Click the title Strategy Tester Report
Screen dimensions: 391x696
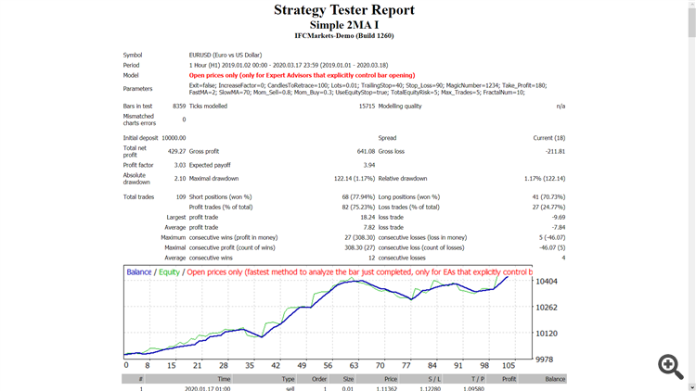click(344, 10)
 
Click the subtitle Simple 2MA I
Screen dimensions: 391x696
click(344, 24)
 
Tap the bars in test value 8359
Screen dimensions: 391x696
click(179, 107)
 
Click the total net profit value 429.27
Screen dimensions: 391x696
click(176, 151)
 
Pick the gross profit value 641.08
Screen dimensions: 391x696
click(364, 151)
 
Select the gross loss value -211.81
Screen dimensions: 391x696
click(555, 151)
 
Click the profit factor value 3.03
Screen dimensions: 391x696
click(180, 165)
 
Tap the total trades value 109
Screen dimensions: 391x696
click(180, 196)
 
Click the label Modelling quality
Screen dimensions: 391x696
click(400, 107)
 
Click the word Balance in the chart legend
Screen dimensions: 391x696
click(139, 272)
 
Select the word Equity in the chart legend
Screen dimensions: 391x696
click(169, 272)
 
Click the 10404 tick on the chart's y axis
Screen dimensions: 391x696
click(548, 282)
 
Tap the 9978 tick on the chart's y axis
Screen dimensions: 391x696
click(546, 359)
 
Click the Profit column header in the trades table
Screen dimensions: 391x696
click(509, 379)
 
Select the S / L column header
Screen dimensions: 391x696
click(434, 379)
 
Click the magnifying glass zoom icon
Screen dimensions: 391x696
click(671, 366)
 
